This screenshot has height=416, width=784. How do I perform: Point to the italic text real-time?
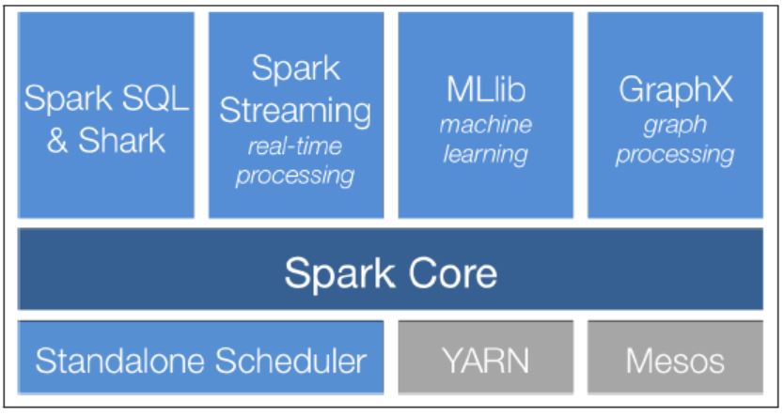[294, 146]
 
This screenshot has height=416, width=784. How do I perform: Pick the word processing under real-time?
[295, 175]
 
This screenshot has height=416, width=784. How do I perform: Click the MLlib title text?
[486, 92]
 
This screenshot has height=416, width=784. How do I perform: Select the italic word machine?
[486, 125]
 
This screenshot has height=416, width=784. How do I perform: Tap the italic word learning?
[486, 153]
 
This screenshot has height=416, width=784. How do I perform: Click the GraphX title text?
[675, 91]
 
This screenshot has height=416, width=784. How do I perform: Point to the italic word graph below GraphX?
[675, 125]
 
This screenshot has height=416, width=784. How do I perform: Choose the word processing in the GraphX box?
[675, 153]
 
